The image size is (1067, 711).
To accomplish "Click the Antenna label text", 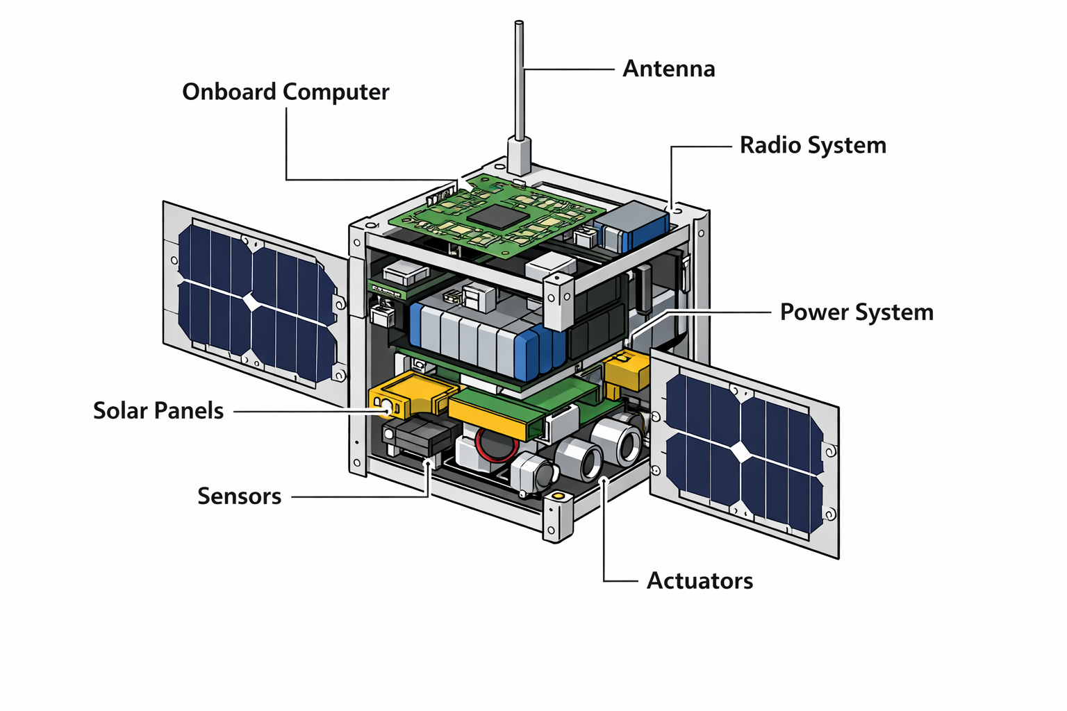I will pos(668,69).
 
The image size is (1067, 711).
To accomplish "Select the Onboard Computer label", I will pos(286,92).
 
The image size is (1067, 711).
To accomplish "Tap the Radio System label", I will pos(813,145).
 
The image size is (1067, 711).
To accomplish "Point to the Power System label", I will pos(857,312).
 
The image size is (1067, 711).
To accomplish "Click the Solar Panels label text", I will pos(158,410).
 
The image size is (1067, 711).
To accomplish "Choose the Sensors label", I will pos(239,496).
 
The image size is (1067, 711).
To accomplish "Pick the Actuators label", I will pos(700,580).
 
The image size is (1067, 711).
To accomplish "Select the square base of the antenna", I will pos(519,156).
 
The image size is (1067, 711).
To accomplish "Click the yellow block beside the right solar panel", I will pos(626,371).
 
